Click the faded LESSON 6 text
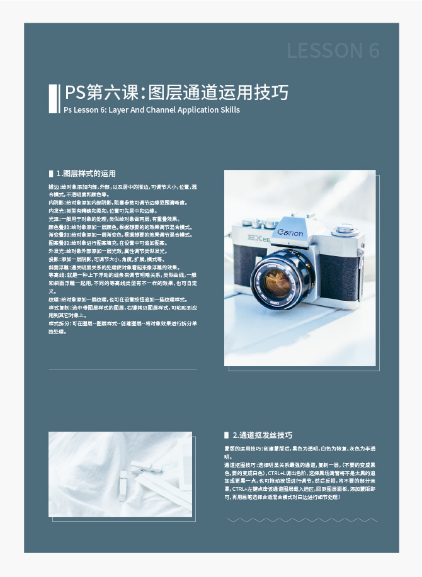(333, 51)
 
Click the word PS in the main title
(76, 93)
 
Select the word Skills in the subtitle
(227, 109)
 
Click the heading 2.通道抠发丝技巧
(262, 435)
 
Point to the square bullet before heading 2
(227, 435)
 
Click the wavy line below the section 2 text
(302, 520)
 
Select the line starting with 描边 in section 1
(122, 188)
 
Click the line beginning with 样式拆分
(122, 323)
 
